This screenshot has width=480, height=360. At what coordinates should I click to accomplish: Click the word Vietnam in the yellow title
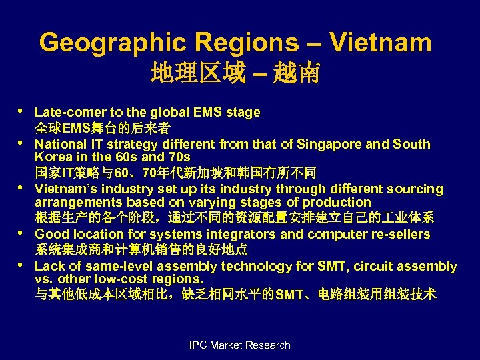pyautogui.click(x=381, y=43)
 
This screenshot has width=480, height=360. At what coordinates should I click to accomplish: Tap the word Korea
pyautogui.click(x=53, y=157)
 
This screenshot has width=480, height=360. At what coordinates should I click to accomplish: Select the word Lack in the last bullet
pyautogui.click(x=49, y=267)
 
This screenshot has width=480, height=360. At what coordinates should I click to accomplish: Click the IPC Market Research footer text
pyautogui.click(x=240, y=345)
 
